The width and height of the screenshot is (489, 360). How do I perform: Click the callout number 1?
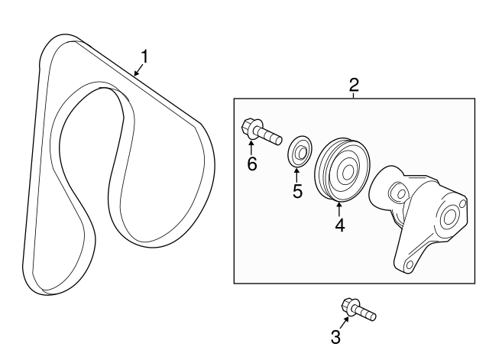[x=144, y=56]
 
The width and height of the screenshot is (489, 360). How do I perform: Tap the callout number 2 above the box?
[x=354, y=85]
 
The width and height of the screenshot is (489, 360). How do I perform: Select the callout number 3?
[x=335, y=337]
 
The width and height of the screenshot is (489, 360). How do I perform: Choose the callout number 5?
[x=297, y=191]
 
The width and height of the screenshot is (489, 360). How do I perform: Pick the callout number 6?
[x=251, y=164]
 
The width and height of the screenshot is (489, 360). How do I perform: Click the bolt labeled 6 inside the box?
[x=261, y=131]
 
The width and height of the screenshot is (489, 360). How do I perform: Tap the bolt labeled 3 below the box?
[x=358, y=309]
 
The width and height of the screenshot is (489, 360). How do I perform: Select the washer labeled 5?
[x=299, y=151]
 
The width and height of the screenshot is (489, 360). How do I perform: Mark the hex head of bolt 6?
[x=249, y=127]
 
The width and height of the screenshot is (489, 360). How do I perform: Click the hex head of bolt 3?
[x=351, y=306]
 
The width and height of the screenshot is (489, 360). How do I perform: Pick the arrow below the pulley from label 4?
[x=338, y=207]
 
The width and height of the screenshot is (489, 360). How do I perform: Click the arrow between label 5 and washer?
[x=297, y=174]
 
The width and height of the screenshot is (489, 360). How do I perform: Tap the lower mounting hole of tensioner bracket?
[x=410, y=265]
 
